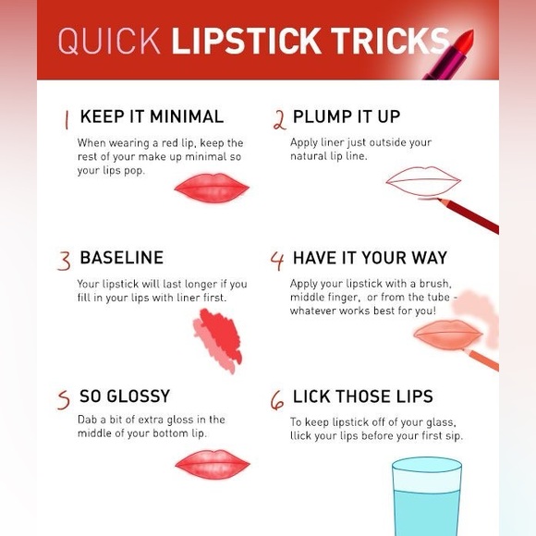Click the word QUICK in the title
109,41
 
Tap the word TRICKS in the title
390,41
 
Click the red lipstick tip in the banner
464,40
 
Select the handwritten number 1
67,119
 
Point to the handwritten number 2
279,120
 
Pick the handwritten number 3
65,261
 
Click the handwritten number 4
277,261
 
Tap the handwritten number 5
64,400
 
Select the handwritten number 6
277,400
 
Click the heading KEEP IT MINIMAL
152,116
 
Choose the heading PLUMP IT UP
347,116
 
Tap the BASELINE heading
121,258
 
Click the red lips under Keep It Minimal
212,188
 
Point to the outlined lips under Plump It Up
423,181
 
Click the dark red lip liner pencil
469,215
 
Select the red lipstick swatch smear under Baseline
218,340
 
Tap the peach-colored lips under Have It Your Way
448,335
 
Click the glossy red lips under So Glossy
213,464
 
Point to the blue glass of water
427,496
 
